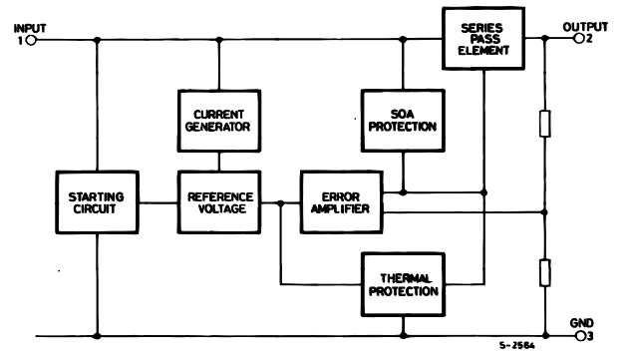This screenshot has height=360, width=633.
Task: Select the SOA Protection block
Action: point(403,118)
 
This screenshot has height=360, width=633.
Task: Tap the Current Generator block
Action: point(217,118)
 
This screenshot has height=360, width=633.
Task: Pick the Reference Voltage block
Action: point(217,202)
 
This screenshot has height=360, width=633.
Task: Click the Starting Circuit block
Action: point(96,202)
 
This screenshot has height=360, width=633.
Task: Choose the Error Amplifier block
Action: point(341,202)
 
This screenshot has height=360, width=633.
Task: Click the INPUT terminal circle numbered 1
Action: point(31,41)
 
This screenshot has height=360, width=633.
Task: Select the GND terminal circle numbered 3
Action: point(579,336)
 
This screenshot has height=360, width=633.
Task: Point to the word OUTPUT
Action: point(584,27)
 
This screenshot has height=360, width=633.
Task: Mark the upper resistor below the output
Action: point(545,124)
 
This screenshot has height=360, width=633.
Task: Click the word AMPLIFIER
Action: point(341,209)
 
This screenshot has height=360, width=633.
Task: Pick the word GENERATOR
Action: point(217,126)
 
